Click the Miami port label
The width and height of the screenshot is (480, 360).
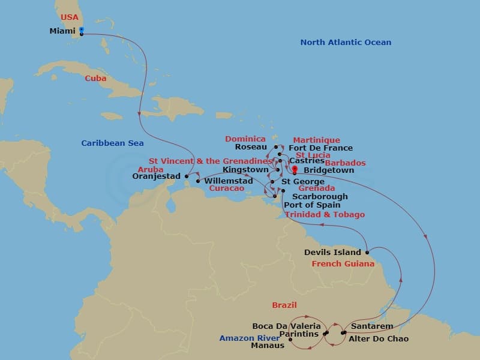(x=62, y=31)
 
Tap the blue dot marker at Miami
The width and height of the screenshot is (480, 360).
(x=82, y=29)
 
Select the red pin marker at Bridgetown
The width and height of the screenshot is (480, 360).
(x=295, y=169)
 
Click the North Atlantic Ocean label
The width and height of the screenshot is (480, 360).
(x=346, y=42)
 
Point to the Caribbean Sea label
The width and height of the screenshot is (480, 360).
(x=113, y=143)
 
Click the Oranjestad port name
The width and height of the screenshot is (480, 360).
(x=156, y=176)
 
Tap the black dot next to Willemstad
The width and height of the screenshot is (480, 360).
(x=198, y=181)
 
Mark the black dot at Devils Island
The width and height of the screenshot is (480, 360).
(x=367, y=253)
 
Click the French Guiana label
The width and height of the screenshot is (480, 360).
(x=344, y=263)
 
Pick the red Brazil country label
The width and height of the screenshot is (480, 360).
(x=284, y=305)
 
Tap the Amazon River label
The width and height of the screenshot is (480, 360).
(x=246, y=338)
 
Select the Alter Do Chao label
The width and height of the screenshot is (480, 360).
(x=379, y=339)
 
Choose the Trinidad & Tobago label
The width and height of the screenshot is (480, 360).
(x=325, y=214)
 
